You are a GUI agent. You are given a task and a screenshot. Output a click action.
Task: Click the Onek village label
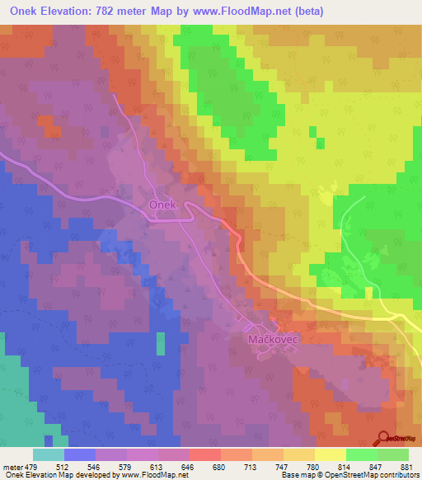(x=162, y=204)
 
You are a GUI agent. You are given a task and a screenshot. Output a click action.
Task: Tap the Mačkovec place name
(x=273, y=339)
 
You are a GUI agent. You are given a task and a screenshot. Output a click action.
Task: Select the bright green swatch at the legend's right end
(x=393, y=454)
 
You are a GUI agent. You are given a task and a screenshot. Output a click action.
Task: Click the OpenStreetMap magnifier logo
(x=383, y=440)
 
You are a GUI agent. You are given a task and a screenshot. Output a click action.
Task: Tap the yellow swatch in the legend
(x=331, y=454)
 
